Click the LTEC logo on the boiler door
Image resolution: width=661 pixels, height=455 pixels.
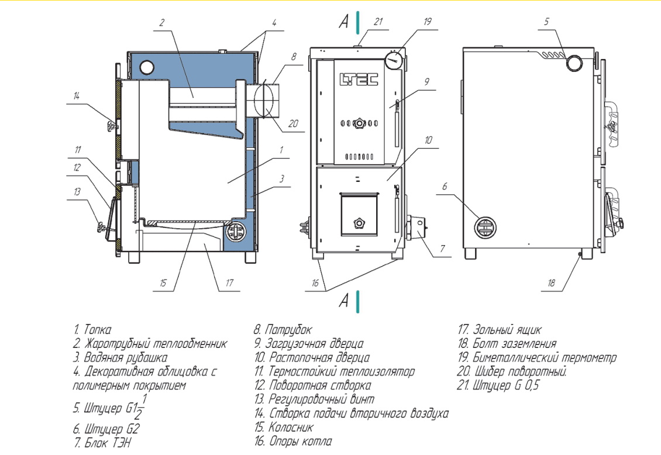pos(359,79)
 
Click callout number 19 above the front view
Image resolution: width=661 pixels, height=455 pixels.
pos(428,22)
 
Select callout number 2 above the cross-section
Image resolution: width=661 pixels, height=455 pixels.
pos(162,22)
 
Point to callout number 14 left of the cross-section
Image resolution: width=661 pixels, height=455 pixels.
pos(76,96)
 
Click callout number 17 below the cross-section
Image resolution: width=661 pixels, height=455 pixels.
pos(229,282)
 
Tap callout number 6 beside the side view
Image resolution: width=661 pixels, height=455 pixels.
pos(445,186)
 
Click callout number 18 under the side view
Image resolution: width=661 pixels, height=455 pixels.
pos(551,282)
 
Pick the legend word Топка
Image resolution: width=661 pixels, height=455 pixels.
pos(98,329)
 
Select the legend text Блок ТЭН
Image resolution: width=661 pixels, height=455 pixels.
pos(108,442)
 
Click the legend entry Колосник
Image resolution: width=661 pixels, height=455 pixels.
pos(291,427)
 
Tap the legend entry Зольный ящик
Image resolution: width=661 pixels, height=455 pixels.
pos(507,329)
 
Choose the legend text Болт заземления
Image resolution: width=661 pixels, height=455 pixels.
pos(515,343)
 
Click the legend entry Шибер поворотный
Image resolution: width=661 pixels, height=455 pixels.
pos(521,371)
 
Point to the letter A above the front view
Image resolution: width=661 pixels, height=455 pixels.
pos(344,20)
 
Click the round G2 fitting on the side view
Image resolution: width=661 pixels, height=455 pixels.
pos(485,227)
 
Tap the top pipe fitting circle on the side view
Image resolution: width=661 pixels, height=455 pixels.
pos(574,63)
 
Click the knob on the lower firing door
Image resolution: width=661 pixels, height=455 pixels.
pos(359,223)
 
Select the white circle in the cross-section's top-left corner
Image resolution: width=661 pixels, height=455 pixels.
pos(147,67)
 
